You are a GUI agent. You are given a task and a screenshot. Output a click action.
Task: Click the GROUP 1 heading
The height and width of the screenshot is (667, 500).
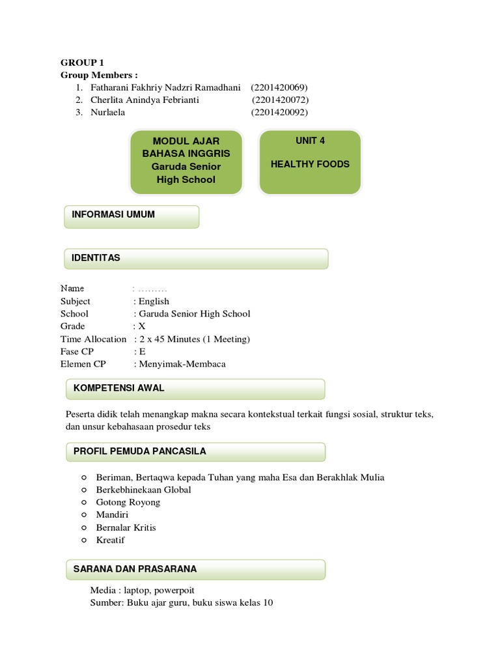click(82, 63)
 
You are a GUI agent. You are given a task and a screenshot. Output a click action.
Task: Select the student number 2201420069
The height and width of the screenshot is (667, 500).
click(279, 87)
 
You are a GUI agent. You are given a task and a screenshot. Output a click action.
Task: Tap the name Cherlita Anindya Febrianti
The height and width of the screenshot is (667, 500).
click(145, 100)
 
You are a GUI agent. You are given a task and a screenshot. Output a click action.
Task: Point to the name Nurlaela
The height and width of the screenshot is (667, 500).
click(107, 112)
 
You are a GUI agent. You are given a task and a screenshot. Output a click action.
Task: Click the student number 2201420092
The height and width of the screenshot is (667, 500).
click(280, 112)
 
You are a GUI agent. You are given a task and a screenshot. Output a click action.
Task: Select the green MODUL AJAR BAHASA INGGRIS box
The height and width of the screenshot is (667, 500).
click(186, 161)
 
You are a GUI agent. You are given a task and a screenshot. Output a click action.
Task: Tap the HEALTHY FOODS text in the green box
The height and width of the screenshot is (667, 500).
click(310, 164)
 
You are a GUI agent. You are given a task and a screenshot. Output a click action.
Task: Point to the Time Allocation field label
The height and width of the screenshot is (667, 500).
click(93, 339)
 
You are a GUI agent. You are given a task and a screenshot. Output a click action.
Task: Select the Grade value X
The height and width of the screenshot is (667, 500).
click(142, 326)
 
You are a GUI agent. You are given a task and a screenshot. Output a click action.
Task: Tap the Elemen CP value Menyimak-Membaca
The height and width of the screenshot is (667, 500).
click(182, 364)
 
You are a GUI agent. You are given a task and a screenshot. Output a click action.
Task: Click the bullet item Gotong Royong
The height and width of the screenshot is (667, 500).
click(128, 502)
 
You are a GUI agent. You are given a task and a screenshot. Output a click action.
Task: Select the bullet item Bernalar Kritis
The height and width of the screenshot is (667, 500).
click(126, 528)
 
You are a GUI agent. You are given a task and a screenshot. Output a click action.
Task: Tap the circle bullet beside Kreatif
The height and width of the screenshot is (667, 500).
click(84, 540)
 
